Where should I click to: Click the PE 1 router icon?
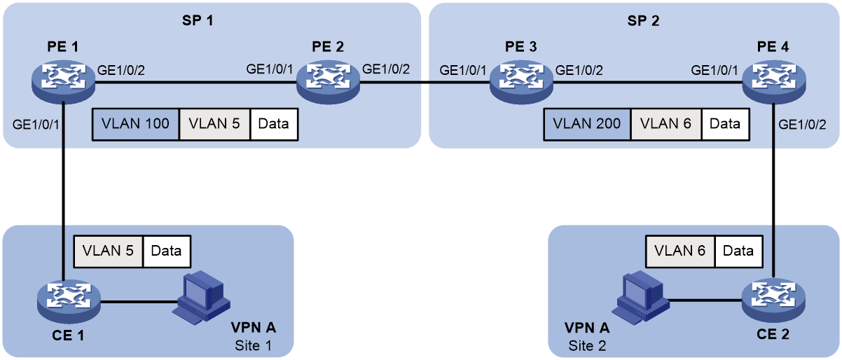(x=63, y=81)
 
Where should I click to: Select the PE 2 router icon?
(x=328, y=81)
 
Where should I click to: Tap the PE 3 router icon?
(x=521, y=81)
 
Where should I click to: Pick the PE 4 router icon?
(x=774, y=81)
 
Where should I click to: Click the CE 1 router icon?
(x=69, y=301)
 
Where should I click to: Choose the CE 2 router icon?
(x=773, y=300)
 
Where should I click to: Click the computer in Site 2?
(x=640, y=298)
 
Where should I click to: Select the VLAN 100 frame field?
(x=136, y=125)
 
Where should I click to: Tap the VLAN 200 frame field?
(x=587, y=125)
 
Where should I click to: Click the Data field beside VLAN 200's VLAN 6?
(x=725, y=125)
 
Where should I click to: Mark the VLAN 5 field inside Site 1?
(x=109, y=251)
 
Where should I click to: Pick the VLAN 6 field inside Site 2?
(x=680, y=251)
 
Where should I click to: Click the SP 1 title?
(x=198, y=20)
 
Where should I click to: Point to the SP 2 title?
(x=643, y=20)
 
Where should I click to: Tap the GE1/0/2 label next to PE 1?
(x=121, y=70)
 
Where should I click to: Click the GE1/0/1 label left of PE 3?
(x=463, y=70)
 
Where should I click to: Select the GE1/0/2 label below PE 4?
(x=802, y=125)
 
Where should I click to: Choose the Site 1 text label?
(x=254, y=346)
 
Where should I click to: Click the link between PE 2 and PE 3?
(x=425, y=81)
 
